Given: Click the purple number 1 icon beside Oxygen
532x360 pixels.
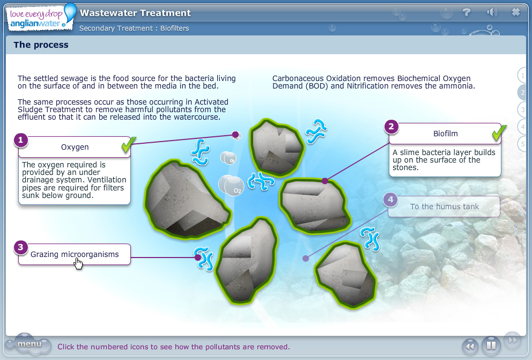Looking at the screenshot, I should click(x=20, y=141).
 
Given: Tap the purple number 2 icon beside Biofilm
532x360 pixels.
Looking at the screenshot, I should click(x=391, y=127).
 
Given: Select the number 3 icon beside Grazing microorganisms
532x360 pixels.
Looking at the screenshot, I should click(x=20, y=247).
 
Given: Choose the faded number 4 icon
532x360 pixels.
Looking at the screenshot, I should click(x=390, y=200).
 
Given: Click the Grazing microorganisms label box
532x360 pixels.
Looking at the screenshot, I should click(x=75, y=254).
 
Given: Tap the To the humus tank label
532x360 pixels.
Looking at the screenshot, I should click(x=444, y=207).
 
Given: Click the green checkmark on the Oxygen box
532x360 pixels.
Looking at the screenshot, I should click(x=128, y=144).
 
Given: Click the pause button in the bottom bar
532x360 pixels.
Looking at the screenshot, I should click(x=491, y=346).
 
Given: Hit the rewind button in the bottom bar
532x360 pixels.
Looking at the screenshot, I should click(x=470, y=346).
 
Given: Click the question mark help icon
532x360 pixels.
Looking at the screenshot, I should click(x=467, y=12).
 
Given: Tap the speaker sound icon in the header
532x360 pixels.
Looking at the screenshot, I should click(x=491, y=12).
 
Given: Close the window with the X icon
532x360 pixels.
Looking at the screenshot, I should click(x=516, y=12).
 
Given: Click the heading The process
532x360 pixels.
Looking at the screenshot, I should click(x=41, y=45).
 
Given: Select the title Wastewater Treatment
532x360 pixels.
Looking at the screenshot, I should click(x=135, y=13).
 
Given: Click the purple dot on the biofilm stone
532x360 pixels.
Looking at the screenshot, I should click(x=324, y=181).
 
